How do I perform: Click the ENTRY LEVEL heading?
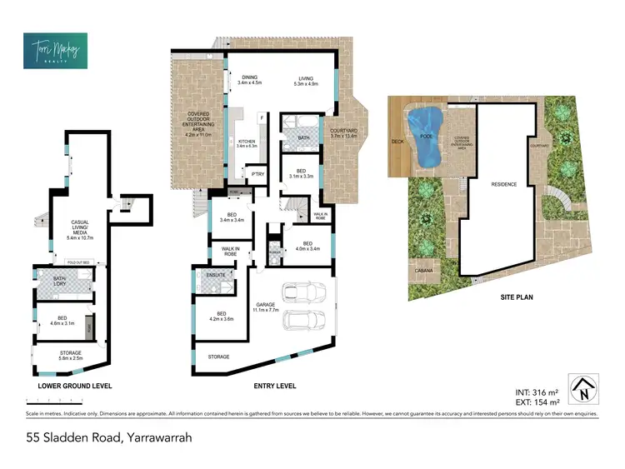276,387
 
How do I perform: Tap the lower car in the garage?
304,320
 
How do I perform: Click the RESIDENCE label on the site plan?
504,184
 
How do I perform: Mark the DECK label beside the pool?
397,142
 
